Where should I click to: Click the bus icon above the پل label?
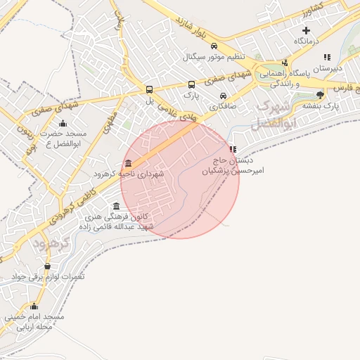(149, 89)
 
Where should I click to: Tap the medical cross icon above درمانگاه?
(306, 30)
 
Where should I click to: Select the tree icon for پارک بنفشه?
(321, 94)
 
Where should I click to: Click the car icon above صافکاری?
(223, 96)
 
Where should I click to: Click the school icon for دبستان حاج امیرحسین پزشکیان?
(233, 150)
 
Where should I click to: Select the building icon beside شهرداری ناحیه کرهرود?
(127, 164)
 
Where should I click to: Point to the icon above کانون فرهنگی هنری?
(116, 206)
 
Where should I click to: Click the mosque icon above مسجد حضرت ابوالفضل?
(63, 124)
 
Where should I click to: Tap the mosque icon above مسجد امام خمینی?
(34, 307)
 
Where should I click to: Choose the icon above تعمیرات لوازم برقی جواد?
(47, 266)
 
